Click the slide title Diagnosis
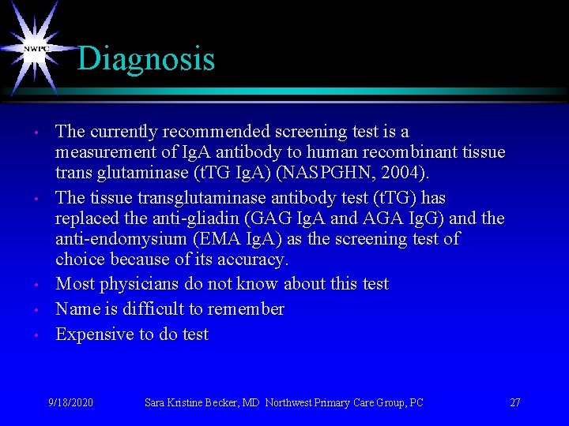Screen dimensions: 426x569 click(x=146, y=59)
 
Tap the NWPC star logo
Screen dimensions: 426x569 click(x=36, y=49)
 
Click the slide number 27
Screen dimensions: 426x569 click(x=515, y=402)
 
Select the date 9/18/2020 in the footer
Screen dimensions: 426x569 click(x=70, y=402)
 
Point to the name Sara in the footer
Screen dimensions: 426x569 click(x=155, y=402)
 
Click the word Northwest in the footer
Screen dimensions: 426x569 click(x=290, y=402)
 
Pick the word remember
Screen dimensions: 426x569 click(x=246, y=309)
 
